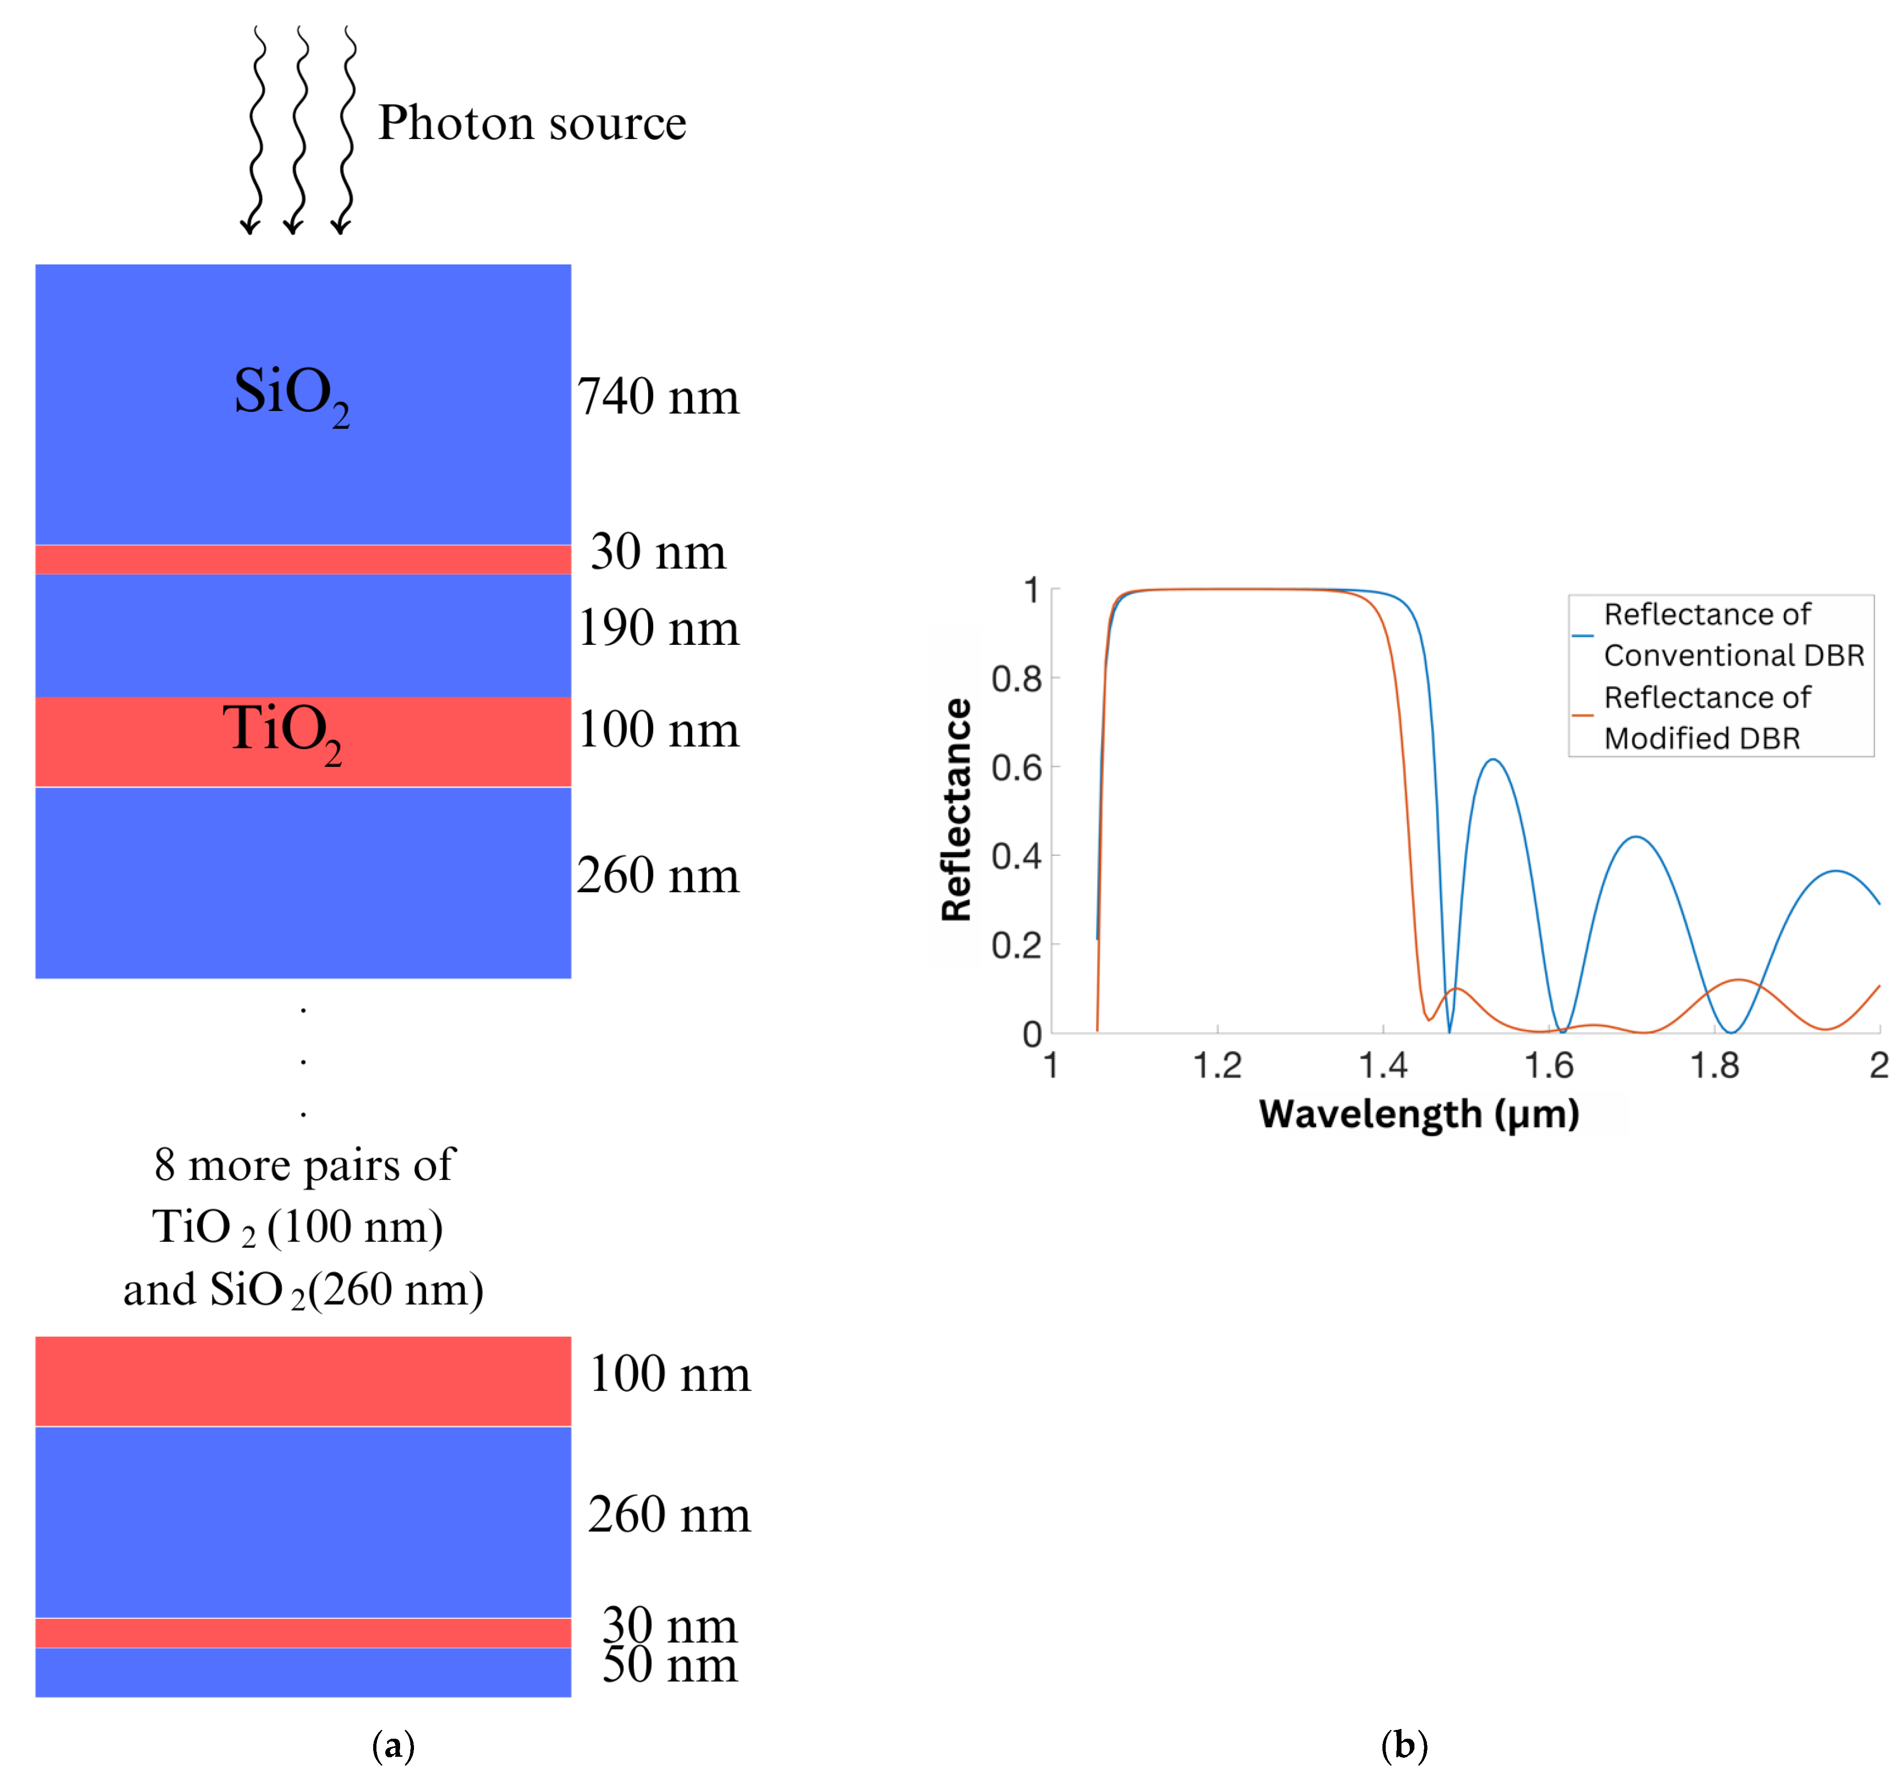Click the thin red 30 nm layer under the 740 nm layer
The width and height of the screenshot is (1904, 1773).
303,559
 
